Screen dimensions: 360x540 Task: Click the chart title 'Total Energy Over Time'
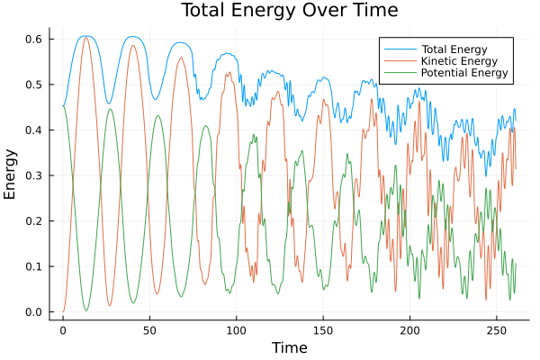(277, 11)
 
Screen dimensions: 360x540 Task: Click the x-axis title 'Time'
(289, 347)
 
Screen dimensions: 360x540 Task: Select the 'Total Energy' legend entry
(454, 48)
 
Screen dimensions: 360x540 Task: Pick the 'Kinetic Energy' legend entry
(458, 60)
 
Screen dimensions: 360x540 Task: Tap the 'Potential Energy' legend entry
(463, 73)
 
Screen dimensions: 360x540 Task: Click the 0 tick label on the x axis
(63, 329)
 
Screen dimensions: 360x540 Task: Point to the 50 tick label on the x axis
(149, 329)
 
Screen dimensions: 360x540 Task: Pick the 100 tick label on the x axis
(236, 329)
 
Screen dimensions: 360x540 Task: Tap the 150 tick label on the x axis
(323, 329)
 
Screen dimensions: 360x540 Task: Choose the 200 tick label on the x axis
(409, 329)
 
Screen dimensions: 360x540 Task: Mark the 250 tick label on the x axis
(496, 329)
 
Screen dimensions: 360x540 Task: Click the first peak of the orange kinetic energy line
(86, 37)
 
